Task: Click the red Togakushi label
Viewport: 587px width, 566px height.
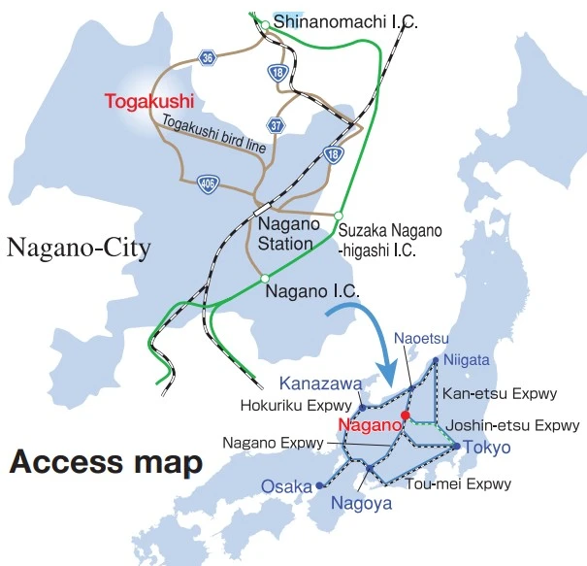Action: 150,100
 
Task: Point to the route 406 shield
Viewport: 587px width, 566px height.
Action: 207,183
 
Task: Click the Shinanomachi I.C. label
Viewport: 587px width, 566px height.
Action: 345,20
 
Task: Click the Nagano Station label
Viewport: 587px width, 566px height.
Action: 285,234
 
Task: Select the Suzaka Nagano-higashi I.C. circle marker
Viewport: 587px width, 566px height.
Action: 339,216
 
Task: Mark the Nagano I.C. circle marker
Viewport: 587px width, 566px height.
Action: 264,280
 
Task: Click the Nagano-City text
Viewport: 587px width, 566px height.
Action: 79,250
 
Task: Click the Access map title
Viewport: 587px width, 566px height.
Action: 106,462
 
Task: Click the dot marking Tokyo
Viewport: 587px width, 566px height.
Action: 455,446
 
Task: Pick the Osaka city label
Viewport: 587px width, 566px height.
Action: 285,485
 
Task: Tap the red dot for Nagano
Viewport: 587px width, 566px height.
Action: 406,416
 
